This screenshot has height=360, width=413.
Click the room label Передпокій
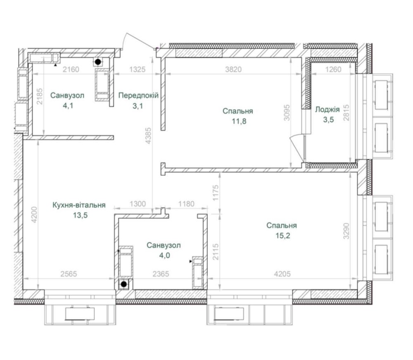138,95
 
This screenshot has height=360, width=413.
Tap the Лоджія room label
328,109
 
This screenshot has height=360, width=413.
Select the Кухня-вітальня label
79,205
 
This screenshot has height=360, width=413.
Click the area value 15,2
282,235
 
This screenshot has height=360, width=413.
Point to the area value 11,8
239,121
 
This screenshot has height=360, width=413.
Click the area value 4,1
68,106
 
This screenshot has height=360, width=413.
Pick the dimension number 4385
149,136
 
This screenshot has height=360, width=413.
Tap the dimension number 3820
233,69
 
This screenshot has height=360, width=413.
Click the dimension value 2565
69,274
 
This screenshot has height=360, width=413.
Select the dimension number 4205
282,274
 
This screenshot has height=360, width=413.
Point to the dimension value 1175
216,193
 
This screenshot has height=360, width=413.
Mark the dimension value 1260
333,69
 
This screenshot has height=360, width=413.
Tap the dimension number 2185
40,96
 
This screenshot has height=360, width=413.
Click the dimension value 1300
138,204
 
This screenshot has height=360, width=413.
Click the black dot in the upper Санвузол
98,62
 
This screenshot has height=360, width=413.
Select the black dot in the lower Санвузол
123,284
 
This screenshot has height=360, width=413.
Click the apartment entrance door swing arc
140,40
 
